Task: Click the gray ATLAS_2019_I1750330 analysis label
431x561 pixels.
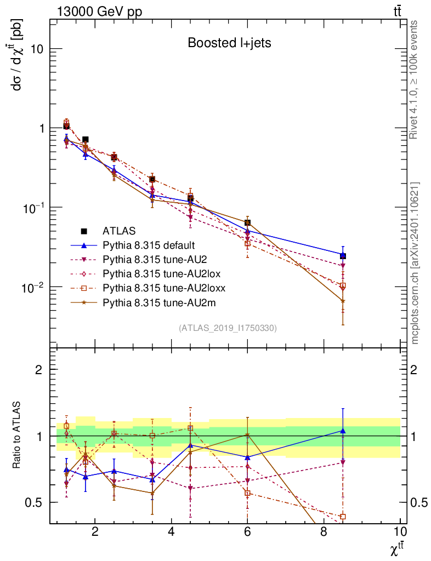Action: pos(228,328)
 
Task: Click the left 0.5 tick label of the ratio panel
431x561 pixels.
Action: pos(34,502)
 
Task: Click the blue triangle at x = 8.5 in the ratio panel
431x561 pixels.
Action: pos(343,431)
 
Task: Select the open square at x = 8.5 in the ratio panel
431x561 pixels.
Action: pos(343,517)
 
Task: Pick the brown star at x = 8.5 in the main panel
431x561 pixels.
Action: pos(343,301)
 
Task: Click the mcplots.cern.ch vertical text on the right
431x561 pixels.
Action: pos(416,263)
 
